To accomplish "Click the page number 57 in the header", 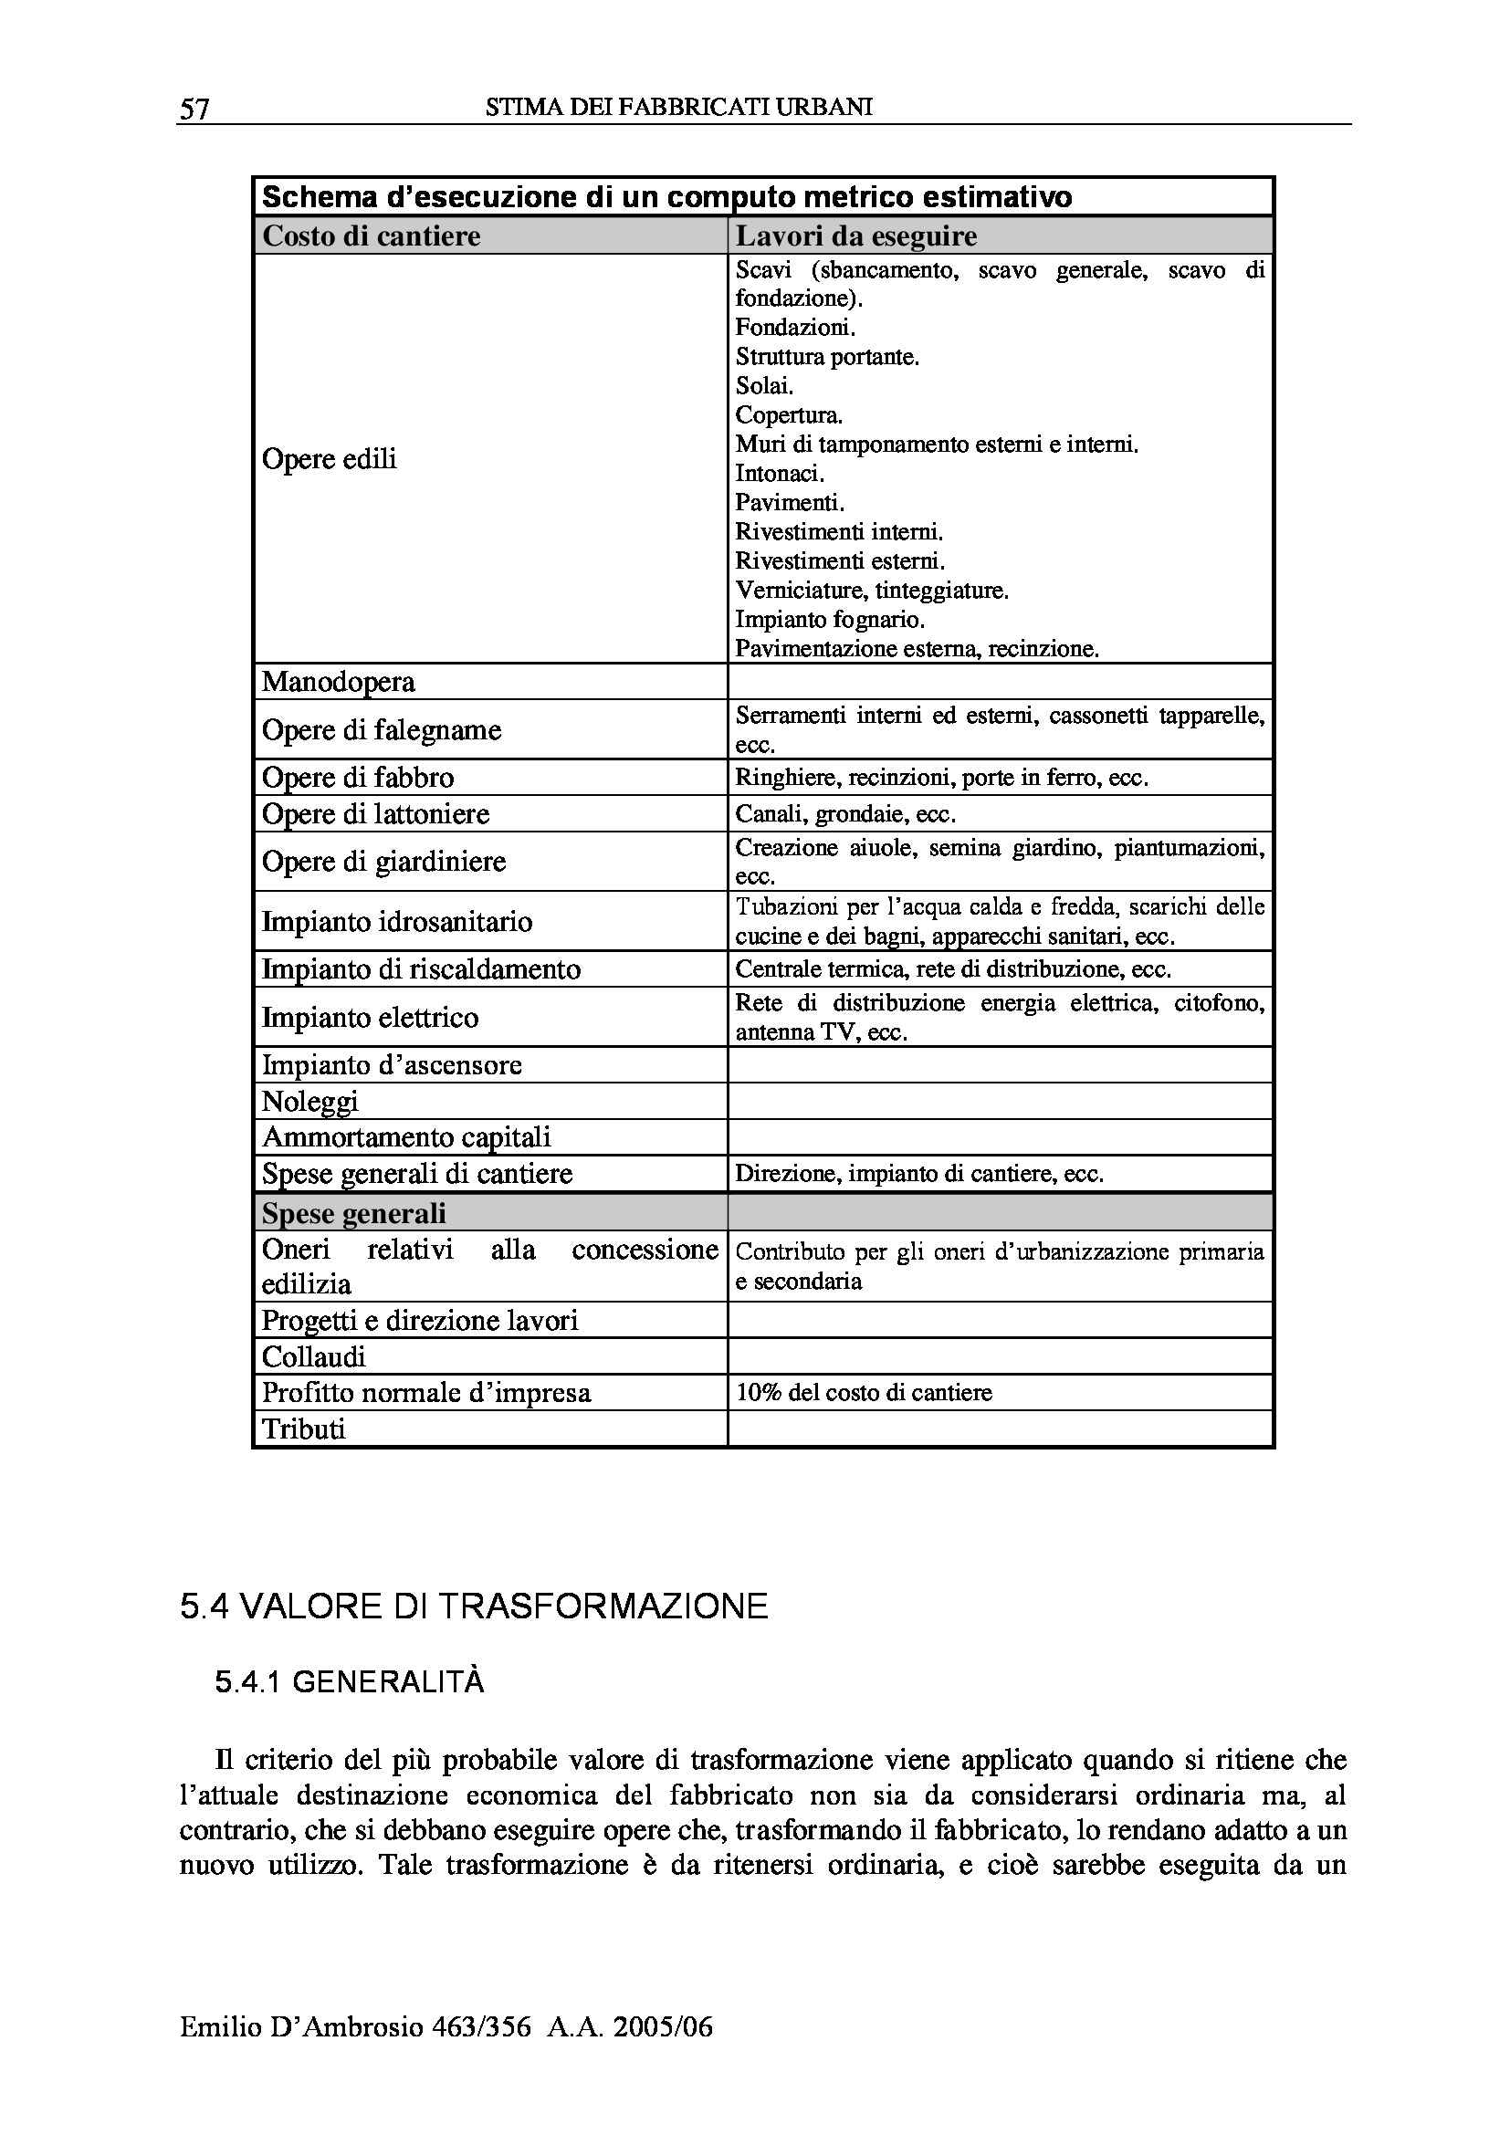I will click(x=194, y=109).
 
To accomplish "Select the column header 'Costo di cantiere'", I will click(x=371, y=236).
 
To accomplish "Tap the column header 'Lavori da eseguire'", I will click(x=855, y=236).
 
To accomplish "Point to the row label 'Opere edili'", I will click(x=330, y=458).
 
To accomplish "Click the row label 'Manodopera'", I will click(x=339, y=682).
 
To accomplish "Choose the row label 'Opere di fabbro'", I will click(x=358, y=778).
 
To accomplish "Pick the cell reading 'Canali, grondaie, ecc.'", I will click(x=845, y=814).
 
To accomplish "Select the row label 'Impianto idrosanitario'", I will click(x=397, y=922).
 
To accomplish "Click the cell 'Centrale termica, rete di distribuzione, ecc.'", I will click(x=952, y=969).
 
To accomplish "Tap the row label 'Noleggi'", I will click(x=309, y=1102).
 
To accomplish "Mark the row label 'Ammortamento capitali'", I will click(x=406, y=1137).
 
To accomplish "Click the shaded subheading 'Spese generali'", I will click(x=354, y=1213).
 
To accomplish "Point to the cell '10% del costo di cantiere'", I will click(x=863, y=1392).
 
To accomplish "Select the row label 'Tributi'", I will click(x=303, y=1429).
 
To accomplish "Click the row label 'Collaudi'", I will click(x=313, y=1356).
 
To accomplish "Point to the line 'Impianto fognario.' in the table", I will click(x=829, y=619).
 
